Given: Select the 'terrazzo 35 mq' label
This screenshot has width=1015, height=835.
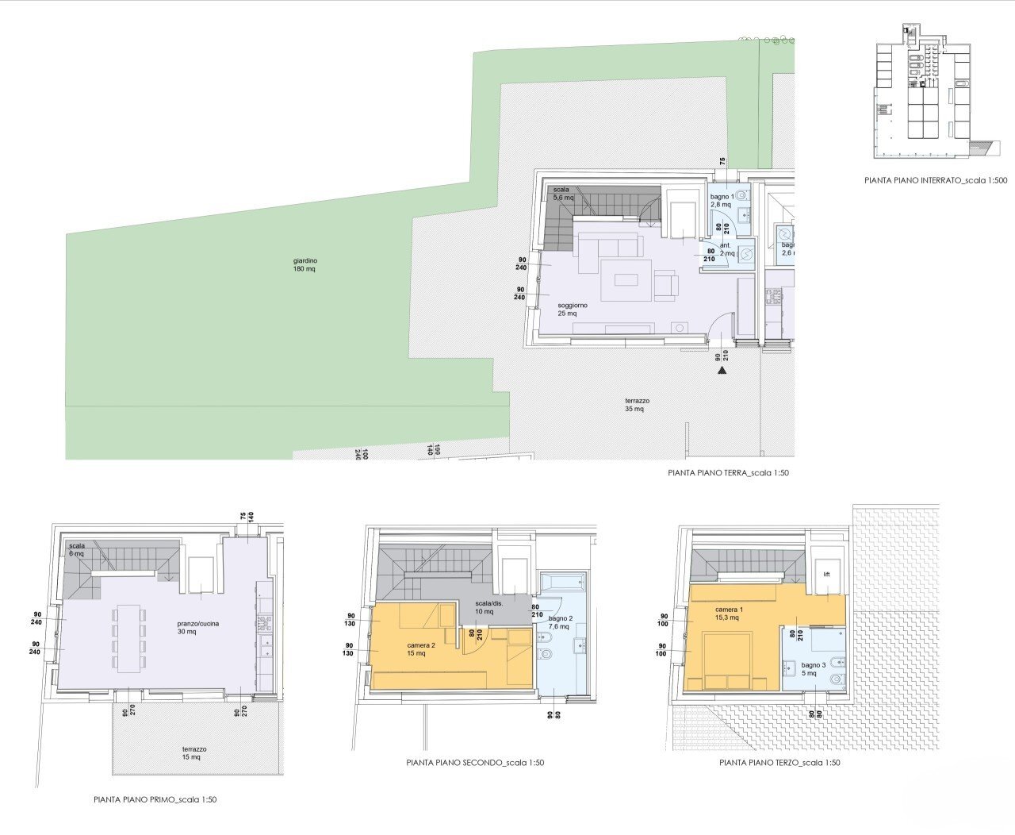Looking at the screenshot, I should [x=637, y=406].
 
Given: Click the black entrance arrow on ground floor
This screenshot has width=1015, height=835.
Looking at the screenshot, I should [x=722, y=369].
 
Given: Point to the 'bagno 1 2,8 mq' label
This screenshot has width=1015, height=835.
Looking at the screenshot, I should [x=722, y=200].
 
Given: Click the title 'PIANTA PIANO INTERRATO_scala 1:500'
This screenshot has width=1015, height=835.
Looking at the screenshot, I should [x=935, y=181].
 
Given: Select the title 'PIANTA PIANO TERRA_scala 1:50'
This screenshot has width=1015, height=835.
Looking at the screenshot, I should [x=729, y=473].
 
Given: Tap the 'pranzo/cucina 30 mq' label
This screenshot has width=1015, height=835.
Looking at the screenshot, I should [x=198, y=628].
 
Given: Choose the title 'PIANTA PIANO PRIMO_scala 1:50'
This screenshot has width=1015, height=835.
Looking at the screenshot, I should [x=155, y=799].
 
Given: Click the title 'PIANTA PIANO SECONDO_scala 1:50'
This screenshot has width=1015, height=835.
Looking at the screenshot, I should [x=475, y=763].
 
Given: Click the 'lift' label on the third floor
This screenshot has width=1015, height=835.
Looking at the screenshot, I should [x=825, y=574].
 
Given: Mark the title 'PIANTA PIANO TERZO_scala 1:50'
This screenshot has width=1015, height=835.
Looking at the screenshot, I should [x=779, y=763].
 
